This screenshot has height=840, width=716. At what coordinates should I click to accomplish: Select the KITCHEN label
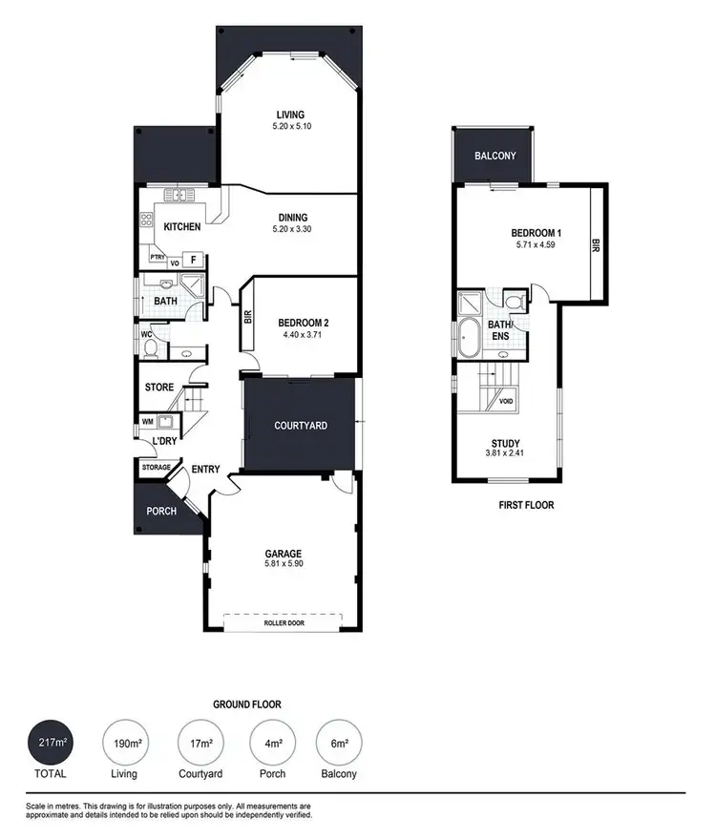(x=182, y=226)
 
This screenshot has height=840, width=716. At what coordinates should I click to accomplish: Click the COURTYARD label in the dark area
(x=301, y=426)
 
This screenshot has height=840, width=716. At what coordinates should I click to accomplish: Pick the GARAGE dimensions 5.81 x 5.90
(x=284, y=565)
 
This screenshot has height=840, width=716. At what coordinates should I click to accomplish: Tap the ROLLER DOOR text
(x=284, y=621)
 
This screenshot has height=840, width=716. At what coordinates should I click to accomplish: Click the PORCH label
(x=161, y=511)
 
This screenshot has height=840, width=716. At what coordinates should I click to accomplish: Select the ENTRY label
(x=206, y=469)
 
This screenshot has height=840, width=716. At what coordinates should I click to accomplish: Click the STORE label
(x=159, y=388)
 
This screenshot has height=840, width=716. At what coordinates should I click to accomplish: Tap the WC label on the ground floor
(x=147, y=335)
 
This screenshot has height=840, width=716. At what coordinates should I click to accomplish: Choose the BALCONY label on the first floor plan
(x=494, y=156)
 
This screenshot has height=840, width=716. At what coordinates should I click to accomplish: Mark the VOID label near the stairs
(x=506, y=401)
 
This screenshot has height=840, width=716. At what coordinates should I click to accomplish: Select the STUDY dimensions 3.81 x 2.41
(x=507, y=454)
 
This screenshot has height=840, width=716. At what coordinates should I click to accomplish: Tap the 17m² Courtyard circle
(x=201, y=741)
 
